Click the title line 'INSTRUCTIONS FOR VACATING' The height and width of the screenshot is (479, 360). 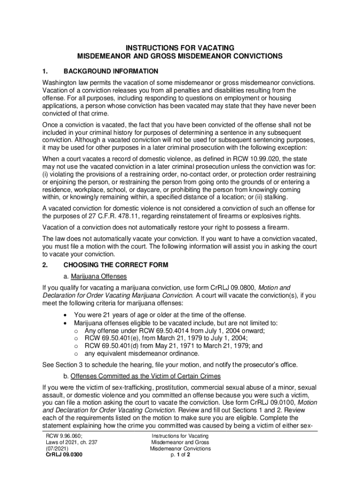180,48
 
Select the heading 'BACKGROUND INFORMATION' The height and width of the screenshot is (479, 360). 111,72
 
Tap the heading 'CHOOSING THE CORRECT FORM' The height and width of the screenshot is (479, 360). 115,265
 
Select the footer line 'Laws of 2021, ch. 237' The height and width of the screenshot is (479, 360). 69,442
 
